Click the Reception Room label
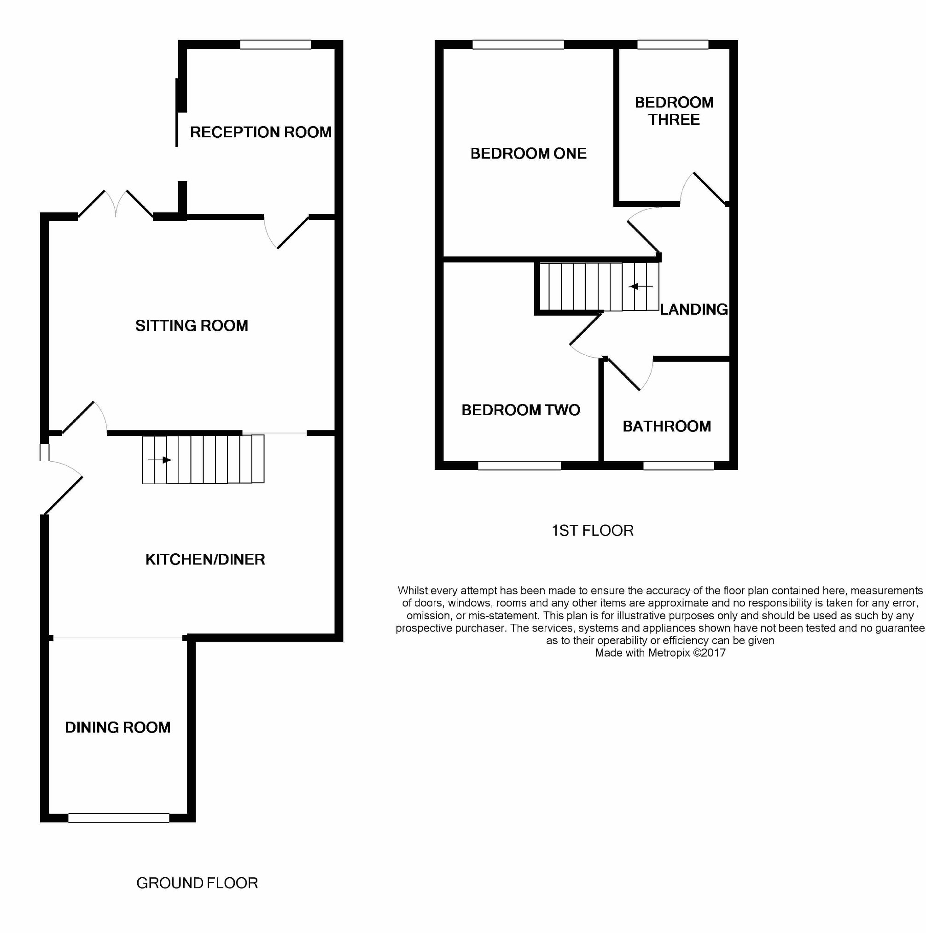click(261, 132)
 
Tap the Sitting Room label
click(192, 325)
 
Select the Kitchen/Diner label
click(205, 559)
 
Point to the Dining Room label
click(118, 727)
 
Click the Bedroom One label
click(528, 153)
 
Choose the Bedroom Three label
click(674, 111)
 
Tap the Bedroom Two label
click(521, 410)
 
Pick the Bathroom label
click(667, 426)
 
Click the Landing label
click(694, 309)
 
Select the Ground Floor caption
click(197, 883)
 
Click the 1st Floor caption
click(592, 530)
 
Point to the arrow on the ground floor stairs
click(160, 460)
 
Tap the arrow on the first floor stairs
click(641, 287)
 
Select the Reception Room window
click(275, 44)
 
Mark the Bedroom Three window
click(673, 44)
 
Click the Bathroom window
click(678, 465)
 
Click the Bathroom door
click(630, 374)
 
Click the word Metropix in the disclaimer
click(669, 652)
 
